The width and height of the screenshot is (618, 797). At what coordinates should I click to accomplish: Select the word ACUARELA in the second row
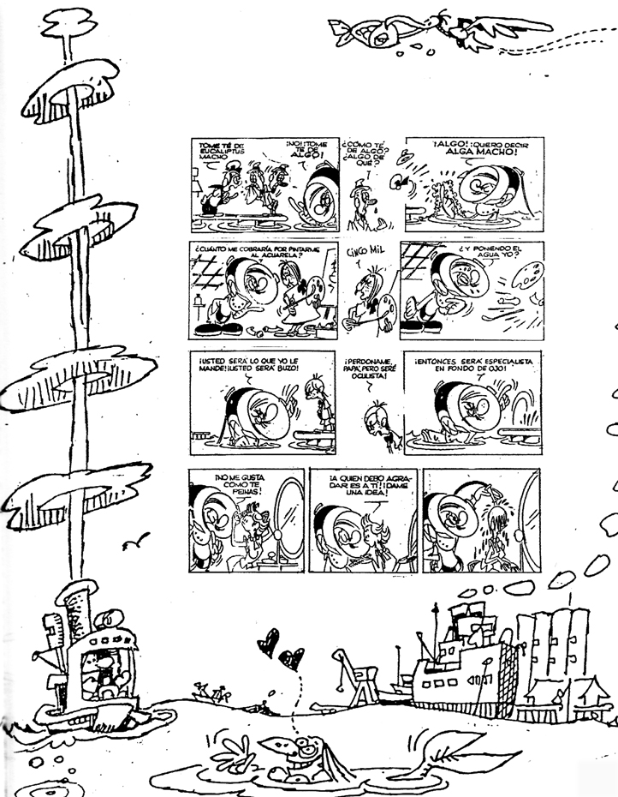point(255,256)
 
